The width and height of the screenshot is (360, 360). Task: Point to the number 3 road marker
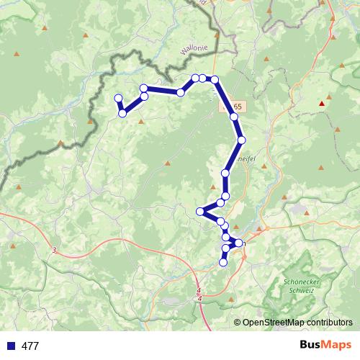point(54,250)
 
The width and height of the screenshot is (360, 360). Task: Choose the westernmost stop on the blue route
point(118,99)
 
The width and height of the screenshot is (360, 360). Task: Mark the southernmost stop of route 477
point(223,263)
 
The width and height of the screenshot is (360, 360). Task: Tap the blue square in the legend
point(10,346)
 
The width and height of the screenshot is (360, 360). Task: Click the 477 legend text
point(30,346)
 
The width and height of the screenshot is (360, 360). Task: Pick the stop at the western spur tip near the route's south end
point(200,211)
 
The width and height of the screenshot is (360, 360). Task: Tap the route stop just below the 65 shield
point(234,117)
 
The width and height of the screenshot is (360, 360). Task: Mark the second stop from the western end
point(123,113)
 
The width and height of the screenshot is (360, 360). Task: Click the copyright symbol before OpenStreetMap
point(238,323)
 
